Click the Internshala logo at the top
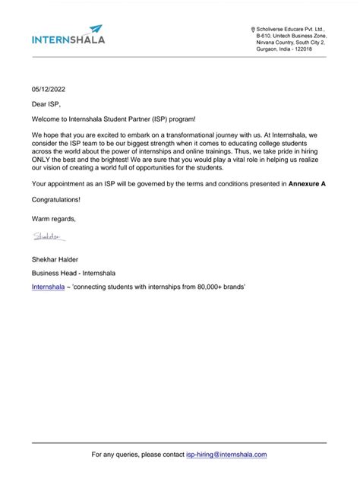click(x=68, y=36)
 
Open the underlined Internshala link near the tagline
click(x=48, y=287)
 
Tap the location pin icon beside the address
click(x=253, y=29)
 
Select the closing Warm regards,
click(x=54, y=219)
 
